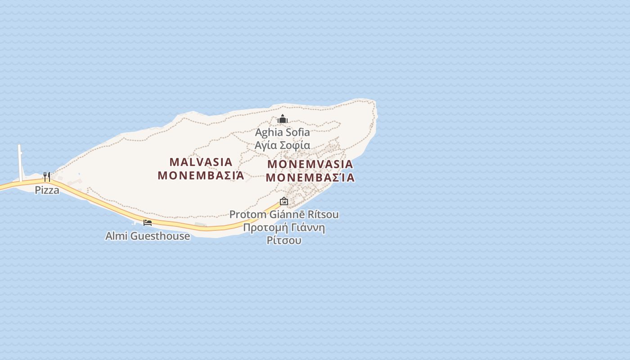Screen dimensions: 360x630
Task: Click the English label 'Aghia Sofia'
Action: click(x=282, y=132)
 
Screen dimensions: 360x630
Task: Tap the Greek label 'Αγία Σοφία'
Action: click(x=282, y=145)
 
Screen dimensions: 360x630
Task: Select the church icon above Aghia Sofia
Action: click(x=282, y=119)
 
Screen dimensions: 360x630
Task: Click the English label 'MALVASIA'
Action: click(x=201, y=162)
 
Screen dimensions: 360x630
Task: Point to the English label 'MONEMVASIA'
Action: click(x=310, y=164)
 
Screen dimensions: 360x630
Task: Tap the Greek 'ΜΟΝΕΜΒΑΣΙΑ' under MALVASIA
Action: click(x=201, y=175)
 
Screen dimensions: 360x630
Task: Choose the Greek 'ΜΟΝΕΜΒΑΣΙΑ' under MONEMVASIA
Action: click(x=310, y=178)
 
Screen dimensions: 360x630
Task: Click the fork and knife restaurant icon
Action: click(x=47, y=176)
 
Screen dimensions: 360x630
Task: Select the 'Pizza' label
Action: click(x=47, y=190)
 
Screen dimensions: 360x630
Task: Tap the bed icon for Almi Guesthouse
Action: click(x=148, y=222)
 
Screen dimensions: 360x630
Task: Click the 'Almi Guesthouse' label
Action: click(x=148, y=236)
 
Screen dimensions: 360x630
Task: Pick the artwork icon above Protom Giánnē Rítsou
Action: click(x=283, y=201)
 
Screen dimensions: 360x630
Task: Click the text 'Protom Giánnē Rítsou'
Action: click(x=284, y=215)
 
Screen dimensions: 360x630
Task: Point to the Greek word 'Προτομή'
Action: click(x=264, y=227)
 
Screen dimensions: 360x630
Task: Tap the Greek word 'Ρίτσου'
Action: click(x=284, y=240)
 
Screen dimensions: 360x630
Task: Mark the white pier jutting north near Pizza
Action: click(x=20, y=162)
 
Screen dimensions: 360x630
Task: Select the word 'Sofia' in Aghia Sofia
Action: click(x=298, y=132)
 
